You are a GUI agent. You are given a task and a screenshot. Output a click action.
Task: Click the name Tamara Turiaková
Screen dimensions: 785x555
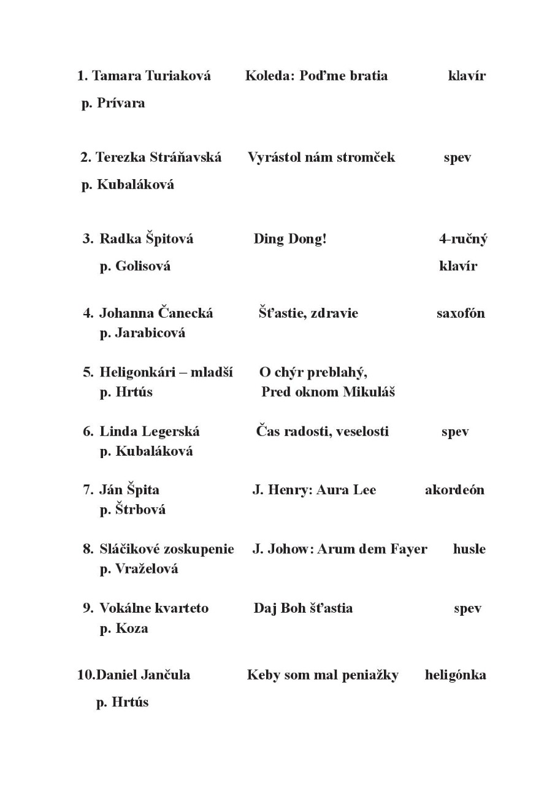[151, 76]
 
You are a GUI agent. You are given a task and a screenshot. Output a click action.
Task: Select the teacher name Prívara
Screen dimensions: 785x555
[121, 103]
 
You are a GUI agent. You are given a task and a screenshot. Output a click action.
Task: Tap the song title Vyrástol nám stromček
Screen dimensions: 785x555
[321, 157]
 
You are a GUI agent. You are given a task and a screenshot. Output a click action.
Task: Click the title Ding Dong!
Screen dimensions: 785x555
[290, 239]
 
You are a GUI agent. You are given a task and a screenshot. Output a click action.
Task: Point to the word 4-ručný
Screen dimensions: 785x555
[463, 239]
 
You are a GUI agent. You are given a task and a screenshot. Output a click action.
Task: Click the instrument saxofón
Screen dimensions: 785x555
[461, 313]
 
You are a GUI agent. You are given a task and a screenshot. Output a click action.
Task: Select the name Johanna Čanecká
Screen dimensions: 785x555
[156, 313]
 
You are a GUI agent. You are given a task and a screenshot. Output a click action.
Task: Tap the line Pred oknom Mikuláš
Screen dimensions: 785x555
[328, 392]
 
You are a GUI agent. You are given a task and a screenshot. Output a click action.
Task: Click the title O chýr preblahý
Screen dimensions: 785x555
[313, 372]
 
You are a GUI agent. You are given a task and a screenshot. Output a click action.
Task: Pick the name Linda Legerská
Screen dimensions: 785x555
[150, 431]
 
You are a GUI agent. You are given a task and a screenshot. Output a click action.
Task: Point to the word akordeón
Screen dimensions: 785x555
[454, 490]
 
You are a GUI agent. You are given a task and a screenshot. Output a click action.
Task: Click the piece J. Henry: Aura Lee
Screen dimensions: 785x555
[314, 490]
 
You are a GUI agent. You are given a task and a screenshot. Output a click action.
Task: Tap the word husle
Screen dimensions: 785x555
[469, 549]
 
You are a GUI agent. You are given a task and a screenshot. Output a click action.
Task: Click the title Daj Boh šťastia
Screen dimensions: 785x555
[303, 608]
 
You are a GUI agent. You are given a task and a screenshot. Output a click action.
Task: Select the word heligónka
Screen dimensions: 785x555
[455, 675]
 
